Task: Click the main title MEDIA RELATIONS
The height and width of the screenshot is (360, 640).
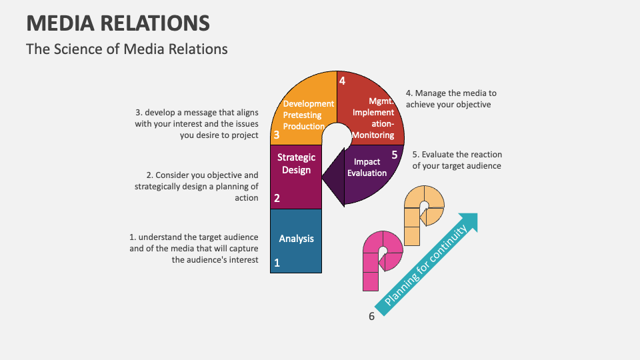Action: (118, 23)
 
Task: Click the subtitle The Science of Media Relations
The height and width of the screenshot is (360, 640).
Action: (127, 49)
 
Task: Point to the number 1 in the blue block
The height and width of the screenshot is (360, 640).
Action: (277, 263)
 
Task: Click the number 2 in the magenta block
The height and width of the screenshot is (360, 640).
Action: (277, 198)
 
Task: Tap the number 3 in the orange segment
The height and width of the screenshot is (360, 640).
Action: (276, 135)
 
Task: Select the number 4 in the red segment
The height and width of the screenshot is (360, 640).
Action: (342, 81)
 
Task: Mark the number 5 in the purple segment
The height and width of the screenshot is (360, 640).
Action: (394, 155)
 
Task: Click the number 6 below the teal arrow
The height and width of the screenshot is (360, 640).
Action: (372, 316)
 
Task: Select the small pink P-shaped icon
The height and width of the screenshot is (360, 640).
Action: (382, 261)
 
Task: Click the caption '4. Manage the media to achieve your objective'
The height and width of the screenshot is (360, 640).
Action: (451, 99)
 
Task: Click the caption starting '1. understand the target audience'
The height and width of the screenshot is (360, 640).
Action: (194, 248)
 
